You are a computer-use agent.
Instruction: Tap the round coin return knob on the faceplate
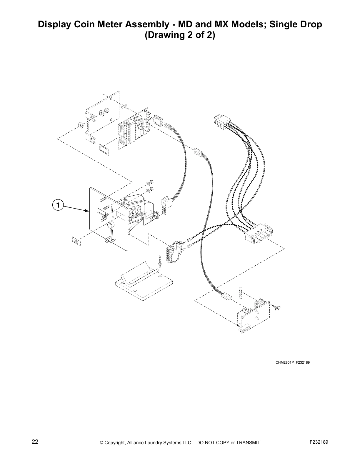pos(111,226)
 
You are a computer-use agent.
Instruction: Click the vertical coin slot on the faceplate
pos(108,211)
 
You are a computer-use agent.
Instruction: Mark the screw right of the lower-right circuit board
pos(277,308)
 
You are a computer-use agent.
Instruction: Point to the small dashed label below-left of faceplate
pos(76,241)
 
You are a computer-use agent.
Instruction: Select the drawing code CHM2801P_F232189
pos(292,362)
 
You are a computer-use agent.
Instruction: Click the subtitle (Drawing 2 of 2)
pos(180,35)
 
